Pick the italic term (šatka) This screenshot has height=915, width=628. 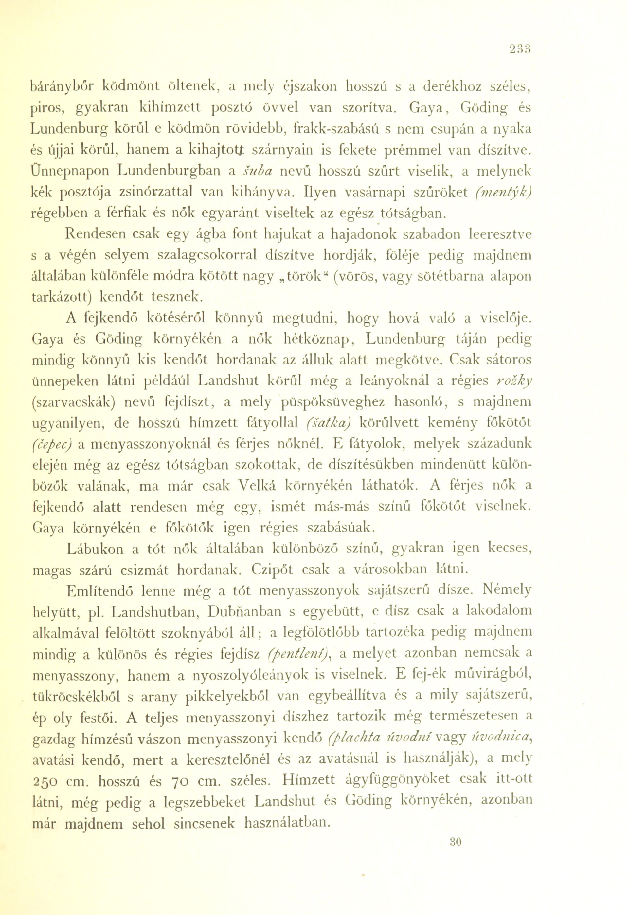pyautogui.click(x=327, y=423)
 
